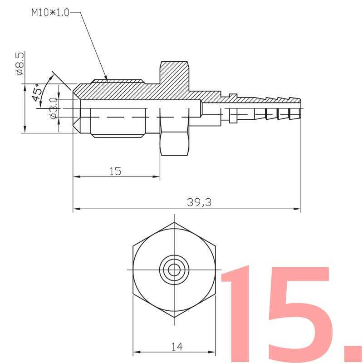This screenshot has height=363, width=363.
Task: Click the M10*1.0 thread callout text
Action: (50, 13)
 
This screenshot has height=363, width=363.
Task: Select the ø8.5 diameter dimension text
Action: (20, 64)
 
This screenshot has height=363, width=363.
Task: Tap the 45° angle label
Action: (37, 92)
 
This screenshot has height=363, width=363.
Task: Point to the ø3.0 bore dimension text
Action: (54, 108)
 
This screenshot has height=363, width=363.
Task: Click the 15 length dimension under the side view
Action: (115, 172)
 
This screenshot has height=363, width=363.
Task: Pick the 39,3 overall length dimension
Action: (199, 202)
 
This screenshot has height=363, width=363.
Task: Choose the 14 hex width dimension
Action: (177, 347)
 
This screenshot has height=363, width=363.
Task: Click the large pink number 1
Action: (236, 314)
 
